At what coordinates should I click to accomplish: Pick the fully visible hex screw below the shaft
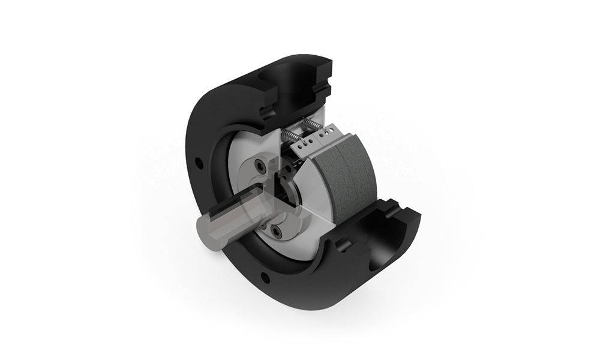[x=275, y=232]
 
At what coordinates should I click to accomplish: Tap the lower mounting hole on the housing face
[x=263, y=277]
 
